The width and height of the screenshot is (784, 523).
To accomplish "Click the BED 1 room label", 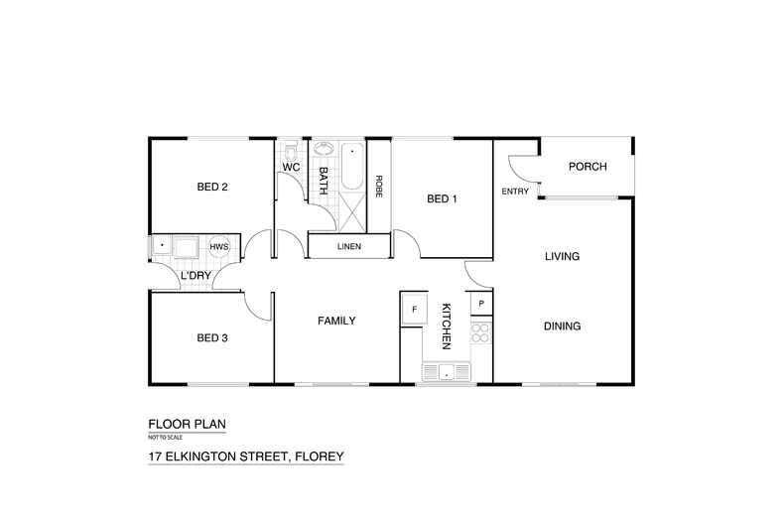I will [442, 198].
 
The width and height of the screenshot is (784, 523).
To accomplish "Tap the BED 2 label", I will [212, 187].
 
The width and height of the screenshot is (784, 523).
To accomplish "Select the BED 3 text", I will [212, 338].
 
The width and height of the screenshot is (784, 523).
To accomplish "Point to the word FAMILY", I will [336, 321].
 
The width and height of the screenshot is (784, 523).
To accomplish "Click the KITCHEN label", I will [447, 327].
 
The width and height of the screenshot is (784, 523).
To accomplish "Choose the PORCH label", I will [587, 167].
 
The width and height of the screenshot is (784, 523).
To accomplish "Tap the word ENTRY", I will [515, 192].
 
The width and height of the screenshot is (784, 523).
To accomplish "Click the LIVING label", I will [562, 257].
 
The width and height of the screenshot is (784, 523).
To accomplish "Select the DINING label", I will [562, 327].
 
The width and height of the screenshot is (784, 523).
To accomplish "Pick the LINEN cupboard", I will [348, 246].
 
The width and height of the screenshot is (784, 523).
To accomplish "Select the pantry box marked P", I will [480, 303].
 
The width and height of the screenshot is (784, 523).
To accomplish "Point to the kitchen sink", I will [448, 372].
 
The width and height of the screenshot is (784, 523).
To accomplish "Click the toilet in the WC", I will [290, 152].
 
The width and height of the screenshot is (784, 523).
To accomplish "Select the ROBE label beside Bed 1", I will [379, 188].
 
